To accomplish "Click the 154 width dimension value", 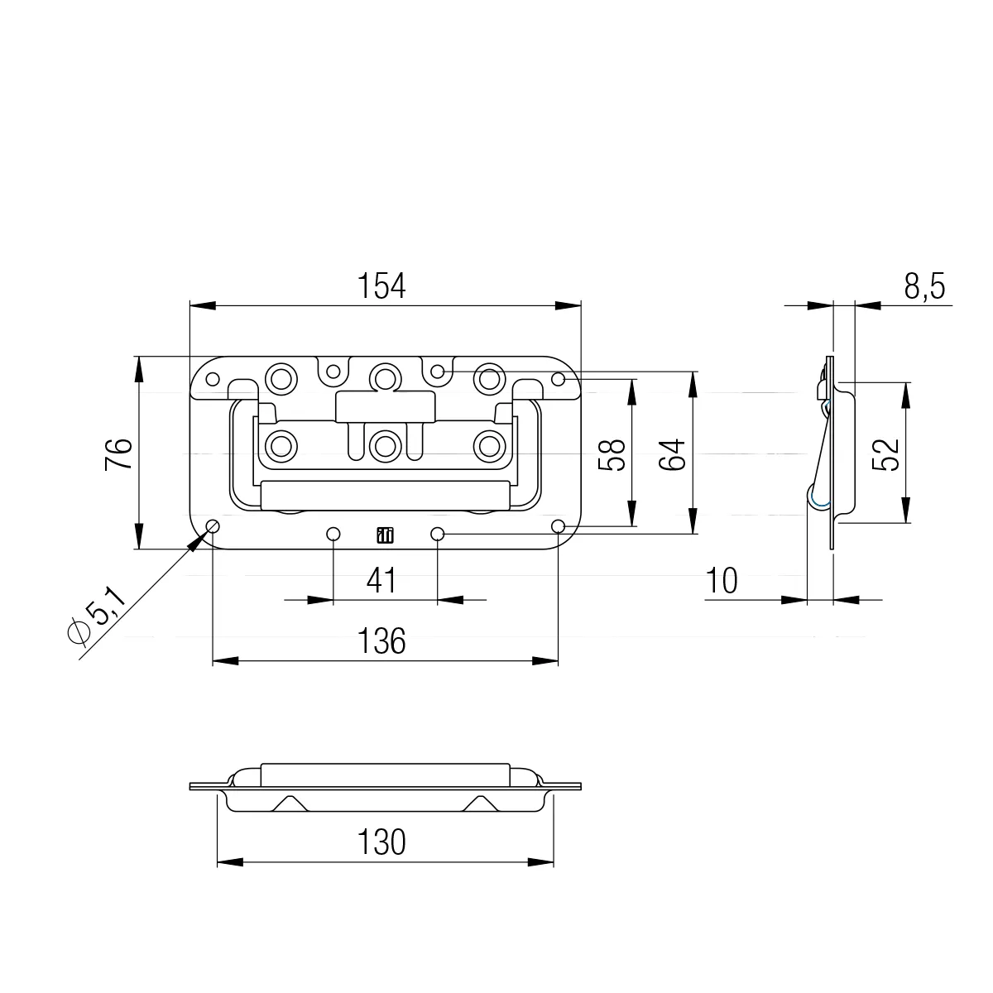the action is [x=381, y=286].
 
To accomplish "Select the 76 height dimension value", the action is [x=118, y=453].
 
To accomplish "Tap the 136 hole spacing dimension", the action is [x=381, y=641].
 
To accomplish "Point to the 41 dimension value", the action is [x=381, y=580].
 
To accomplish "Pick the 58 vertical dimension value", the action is [x=612, y=454].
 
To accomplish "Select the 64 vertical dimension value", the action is [x=672, y=454].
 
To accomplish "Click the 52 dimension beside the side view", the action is [x=885, y=454].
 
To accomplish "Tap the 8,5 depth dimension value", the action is [x=924, y=286].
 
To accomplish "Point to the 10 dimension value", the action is [x=722, y=581].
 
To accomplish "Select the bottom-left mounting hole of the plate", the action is [x=213, y=526].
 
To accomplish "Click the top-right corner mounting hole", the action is [x=558, y=379].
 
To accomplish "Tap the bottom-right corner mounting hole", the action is [x=558, y=526].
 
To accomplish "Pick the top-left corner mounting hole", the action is [x=213, y=379].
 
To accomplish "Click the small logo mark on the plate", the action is [x=385, y=535].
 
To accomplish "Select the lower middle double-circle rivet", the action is [x=386, y=446].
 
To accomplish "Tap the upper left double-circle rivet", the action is [x=281, y=379].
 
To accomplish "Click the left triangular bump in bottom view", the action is [x=290, y=804].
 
